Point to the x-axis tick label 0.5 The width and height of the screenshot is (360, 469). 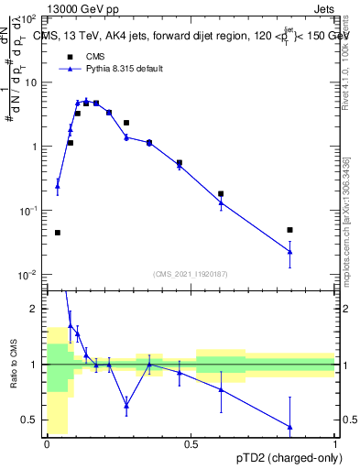tap(191, 444)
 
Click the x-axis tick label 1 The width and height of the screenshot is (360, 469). tap(335, 444)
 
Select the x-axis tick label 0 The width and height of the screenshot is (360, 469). tap(48, 444)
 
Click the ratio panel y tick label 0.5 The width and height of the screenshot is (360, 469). tap(28, 420)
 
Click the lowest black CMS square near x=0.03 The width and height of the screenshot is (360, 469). tap(57, 233)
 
